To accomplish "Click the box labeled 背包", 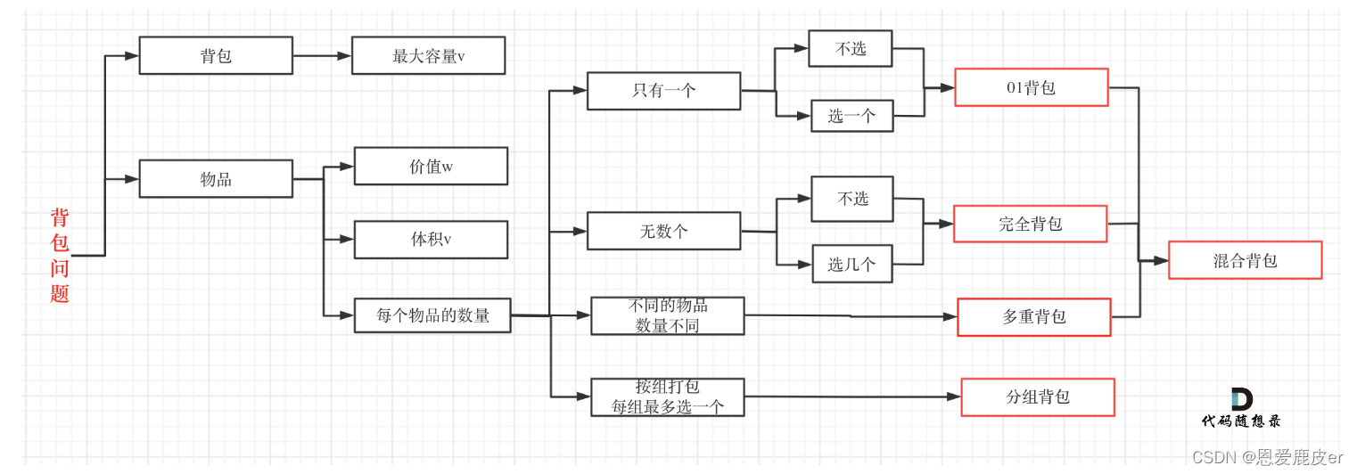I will (x=216, y=55).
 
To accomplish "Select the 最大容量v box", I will (x=428, y=55).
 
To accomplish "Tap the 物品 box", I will (x=216, y=179).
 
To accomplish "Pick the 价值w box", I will (x=431, y=167).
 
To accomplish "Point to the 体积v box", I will (x=431, y=240).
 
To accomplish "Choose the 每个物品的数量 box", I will (x=432, y=315).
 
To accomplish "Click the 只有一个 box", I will (x=663, y=91).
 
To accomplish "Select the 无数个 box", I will (x=663, y=232).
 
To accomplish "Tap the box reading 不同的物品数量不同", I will (x=667, y=316).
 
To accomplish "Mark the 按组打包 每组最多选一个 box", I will (x=667, y=397).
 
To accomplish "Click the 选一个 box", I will (x=851, y=116).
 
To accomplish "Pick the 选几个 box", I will (x=852, y=264).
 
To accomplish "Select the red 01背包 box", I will (x=1031, y=87).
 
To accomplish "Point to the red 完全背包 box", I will (x=1030, y=224).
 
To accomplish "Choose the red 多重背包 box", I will (x=1033, y=317).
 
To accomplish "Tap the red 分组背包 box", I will (x=1038, y=397).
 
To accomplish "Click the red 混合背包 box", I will (x=1245, y=260).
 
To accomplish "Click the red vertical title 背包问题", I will (x=60, y=256).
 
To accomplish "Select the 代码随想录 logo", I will (x=1241, y=409).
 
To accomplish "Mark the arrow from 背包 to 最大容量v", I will (x=322, y=55).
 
